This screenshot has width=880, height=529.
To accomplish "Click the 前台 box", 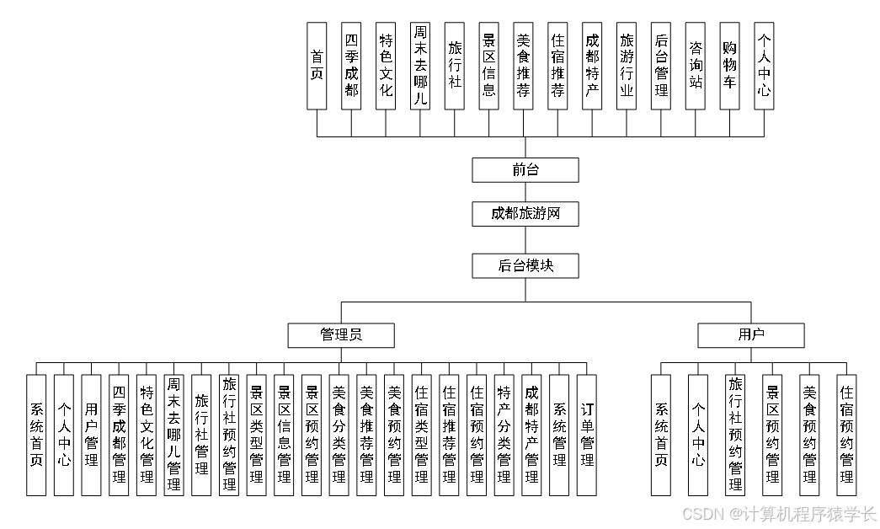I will click(x=525, y=170).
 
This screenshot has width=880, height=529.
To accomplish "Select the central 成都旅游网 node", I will click(x=525, y=214).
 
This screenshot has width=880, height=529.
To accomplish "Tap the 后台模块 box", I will click(x=525, y=266).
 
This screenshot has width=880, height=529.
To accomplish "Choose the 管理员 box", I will click(x=341, y=335).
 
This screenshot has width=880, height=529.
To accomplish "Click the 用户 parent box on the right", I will click(x=750, y=335).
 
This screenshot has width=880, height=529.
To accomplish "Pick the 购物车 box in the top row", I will click(x=729, y=66).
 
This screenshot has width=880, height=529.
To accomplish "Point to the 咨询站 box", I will click(x=695, y=66).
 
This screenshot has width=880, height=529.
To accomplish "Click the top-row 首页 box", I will click(x=317, y=66).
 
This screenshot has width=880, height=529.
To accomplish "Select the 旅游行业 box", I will click(x=626, y=66).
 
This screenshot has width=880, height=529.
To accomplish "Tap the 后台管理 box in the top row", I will click(x=661, y=66).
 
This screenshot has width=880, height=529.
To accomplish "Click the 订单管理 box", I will click(x=587, y=435).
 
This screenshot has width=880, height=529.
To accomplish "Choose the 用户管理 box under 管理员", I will click(x=91, y=435).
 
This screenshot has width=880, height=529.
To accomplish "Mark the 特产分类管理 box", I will click(x=504, y=435).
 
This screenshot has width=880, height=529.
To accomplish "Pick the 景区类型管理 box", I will click(x=256, y=435).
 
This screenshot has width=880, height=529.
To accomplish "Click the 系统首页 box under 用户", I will click(x=661, y=435).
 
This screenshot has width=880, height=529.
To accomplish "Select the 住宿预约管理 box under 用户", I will click(x=846, y=435).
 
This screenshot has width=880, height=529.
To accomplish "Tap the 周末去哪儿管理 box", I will click(x=173, y=435).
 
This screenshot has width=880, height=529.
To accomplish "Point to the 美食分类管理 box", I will click(x=339, y=435).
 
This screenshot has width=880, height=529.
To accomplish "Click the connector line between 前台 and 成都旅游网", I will click(x=525, y=192).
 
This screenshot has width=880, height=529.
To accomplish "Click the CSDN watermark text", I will click(x=778, y=513).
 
